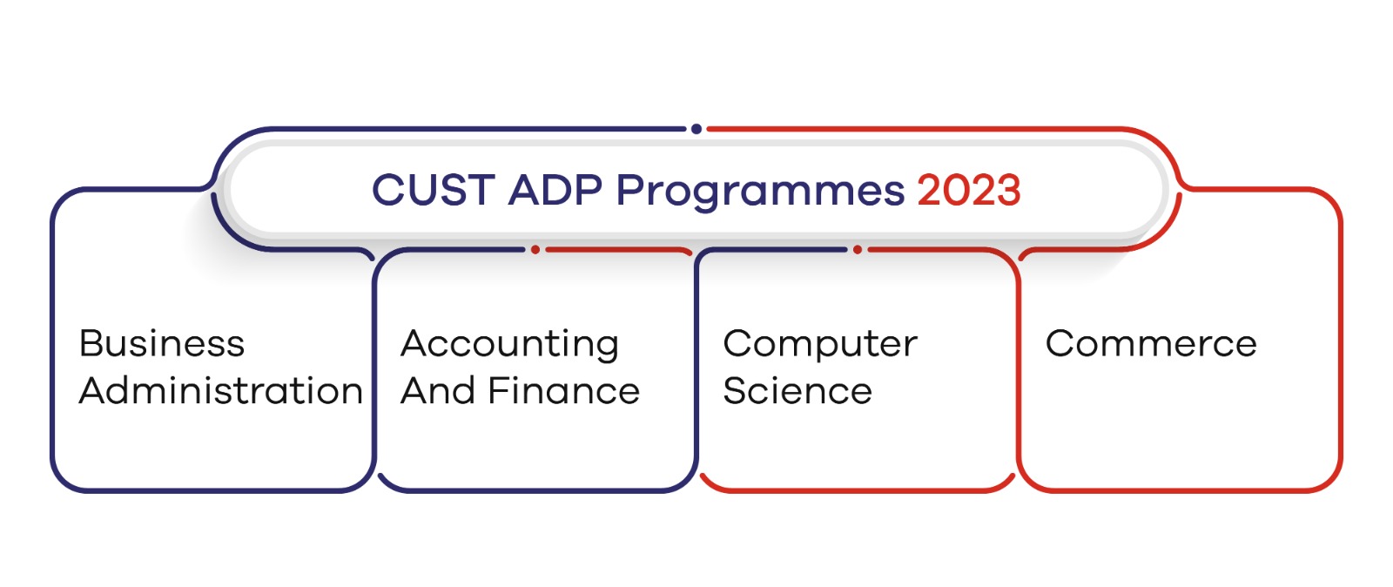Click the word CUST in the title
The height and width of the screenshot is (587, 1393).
[433, 190]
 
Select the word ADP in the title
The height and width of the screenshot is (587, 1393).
[555, 190]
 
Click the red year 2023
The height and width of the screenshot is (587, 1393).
[968, 190]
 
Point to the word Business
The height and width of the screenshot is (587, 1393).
[162, 343]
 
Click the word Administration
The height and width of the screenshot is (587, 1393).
[220, 391]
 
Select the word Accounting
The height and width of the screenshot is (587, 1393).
[509, 345]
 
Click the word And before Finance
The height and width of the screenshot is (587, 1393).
[438, 391]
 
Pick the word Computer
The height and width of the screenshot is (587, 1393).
[820, 345]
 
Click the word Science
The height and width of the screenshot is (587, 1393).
[797, 391]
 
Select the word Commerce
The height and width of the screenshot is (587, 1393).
[1151, 343]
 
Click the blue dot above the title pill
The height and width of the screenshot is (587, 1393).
[696, 129]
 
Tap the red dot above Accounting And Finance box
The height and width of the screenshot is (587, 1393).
[535, 250]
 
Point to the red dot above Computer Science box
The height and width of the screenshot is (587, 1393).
[858, 250]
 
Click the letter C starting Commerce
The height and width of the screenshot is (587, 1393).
[1060, 343]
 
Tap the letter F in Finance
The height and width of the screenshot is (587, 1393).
[498, 391]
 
